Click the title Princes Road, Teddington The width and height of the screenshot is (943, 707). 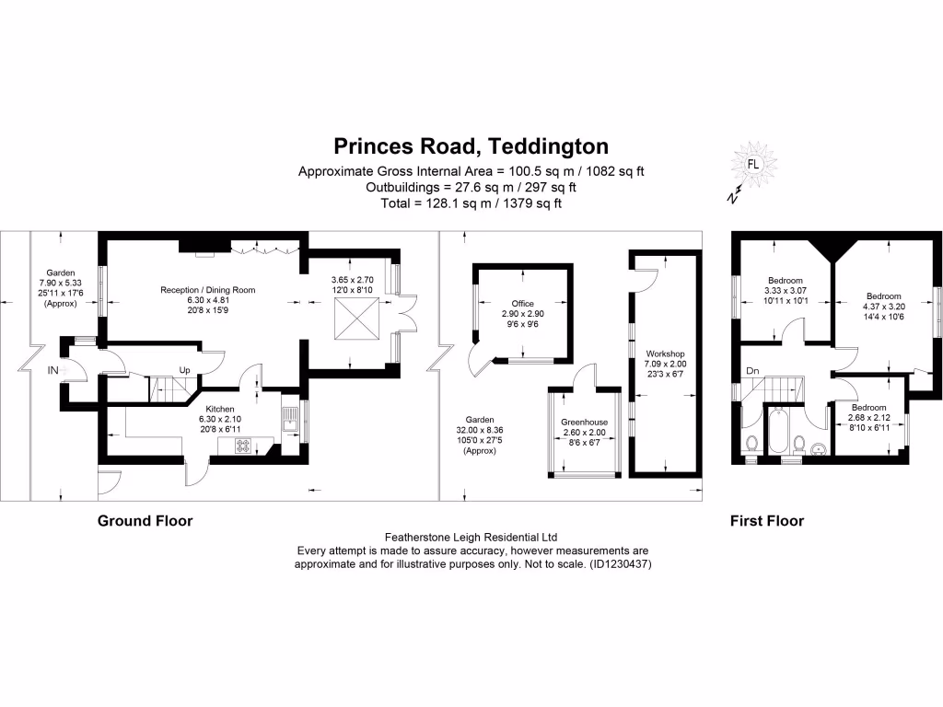(x=471, y=146)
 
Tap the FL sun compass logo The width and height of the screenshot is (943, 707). (x=752, y=166)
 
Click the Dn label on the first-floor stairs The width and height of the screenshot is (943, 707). (x=752, y=372)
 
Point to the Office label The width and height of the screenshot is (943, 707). (x=523, y=303)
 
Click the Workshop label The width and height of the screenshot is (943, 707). (x=665, y=353)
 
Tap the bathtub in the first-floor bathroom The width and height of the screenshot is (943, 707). (x=785, y=432)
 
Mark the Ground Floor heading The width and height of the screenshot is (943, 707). (x=146, y=521)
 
